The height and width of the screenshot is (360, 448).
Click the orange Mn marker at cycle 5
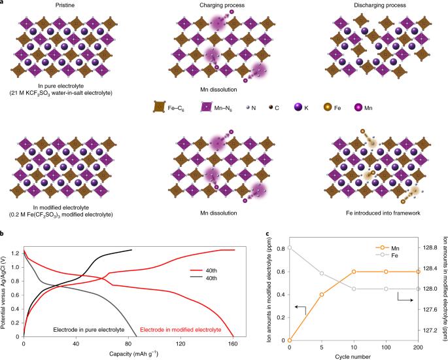322,294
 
